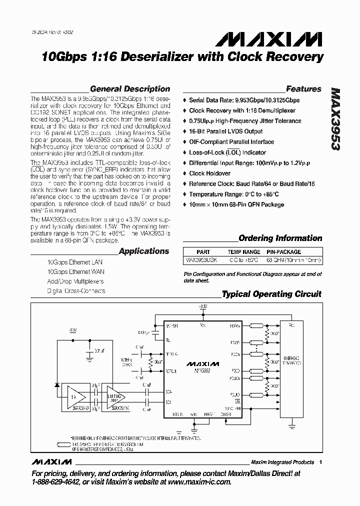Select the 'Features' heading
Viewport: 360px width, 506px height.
click(x=303, y=89)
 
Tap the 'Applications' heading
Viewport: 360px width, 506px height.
click(x=144, y=251)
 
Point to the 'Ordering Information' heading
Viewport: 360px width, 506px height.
click(x=280, y=238)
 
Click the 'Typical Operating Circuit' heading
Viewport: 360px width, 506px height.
click(x=271, y=294)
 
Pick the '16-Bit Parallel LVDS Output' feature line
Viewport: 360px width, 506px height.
click(x=225, y=131)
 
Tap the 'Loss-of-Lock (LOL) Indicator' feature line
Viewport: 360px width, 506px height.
click(x=227, y=152)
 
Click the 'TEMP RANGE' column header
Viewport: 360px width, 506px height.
click(x=244, y=252)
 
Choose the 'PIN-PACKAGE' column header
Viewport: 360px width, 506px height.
click(x=283, y=252)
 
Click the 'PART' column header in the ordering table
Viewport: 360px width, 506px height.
click(x=203, y=252)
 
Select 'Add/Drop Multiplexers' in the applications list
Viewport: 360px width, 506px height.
click(x=75, y=281)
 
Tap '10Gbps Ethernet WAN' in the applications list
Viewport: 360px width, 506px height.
click(x=75, y=272)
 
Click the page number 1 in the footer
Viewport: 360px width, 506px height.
click(x=320, y=462)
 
